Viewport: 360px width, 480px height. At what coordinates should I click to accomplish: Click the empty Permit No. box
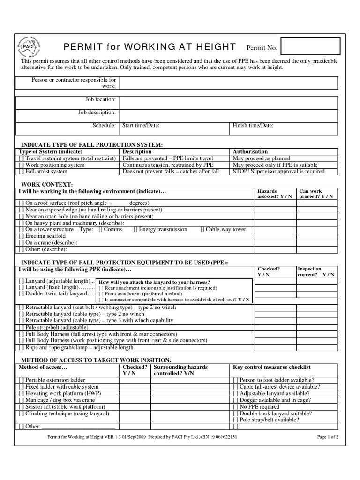310,47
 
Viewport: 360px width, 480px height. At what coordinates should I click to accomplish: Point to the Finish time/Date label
253,126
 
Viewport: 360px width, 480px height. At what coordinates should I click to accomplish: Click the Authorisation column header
250,152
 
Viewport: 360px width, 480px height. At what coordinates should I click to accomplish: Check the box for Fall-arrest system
21,172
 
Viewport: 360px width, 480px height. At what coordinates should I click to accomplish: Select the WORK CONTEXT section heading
45,185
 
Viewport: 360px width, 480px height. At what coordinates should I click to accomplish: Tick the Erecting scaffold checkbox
21,236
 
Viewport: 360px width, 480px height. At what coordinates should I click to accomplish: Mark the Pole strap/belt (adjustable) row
21,327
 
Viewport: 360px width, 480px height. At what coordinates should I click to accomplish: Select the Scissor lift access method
21,407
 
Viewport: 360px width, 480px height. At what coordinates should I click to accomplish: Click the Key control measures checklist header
272,367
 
